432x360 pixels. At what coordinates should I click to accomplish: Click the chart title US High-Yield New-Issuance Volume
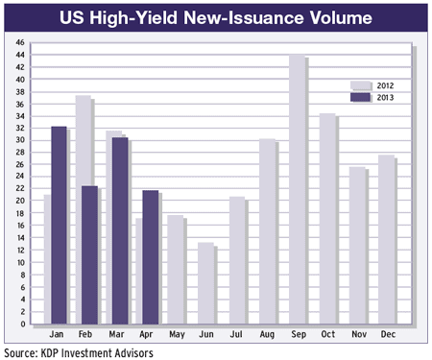(x=215, y=16)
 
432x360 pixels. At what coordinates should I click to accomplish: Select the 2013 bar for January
(x=58, y=226)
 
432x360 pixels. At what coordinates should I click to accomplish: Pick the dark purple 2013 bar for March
(x=119, y=230)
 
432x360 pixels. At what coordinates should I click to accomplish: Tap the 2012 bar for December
(x=388, y=240)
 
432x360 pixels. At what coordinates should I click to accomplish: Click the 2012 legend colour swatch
(x=358, y=85)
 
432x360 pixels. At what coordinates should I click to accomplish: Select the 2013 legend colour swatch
(x=358, y=97)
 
